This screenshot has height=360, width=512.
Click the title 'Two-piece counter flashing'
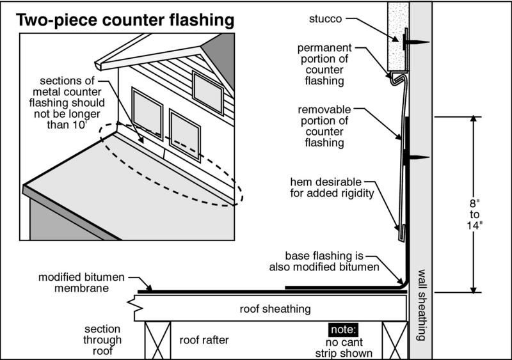[125, 20]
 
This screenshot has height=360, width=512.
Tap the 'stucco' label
[325, 19]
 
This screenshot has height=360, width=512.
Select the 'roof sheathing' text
[275, 309]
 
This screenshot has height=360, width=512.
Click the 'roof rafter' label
[204, 340]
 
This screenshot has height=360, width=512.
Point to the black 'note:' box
[343, 330]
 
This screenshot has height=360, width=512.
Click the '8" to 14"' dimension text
[474, 214]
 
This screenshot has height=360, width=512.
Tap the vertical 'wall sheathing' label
[422, 305]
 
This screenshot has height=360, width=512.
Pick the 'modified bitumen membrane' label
[81, 283]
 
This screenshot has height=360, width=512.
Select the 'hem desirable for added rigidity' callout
[332, 187]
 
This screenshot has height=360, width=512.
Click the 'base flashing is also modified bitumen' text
[324, 261]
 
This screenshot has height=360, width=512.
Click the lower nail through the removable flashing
[416, 158]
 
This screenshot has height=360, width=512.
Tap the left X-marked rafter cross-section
[157, 340]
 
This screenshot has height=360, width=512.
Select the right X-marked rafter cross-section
[396, 340]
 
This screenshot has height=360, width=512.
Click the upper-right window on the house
[208, 93]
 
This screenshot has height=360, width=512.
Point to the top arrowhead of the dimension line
[474, 119]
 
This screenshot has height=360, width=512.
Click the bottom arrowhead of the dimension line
[474, 290]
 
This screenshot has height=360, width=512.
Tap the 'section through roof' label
[102, 340]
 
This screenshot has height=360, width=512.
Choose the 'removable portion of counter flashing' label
[324, 126]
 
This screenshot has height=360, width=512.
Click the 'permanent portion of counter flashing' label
[324, 65]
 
